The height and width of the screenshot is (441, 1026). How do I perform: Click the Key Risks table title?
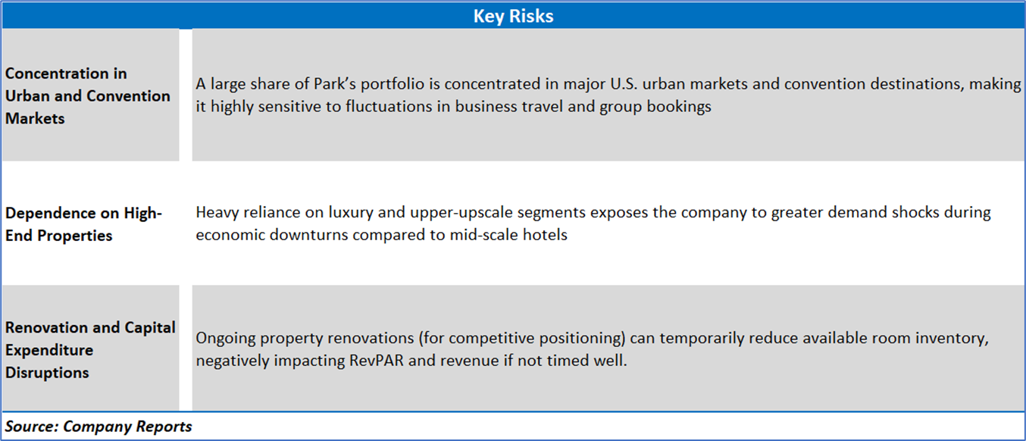pyautogui.click(x=513, y=16)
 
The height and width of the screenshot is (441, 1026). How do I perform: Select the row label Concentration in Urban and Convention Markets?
pyautogui.click(x=87, y=95)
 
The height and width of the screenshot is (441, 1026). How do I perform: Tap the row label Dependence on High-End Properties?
pyautogui.click(x=83, y=224)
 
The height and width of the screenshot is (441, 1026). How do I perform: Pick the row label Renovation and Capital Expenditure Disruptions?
pyautogui.click(x=90, y=350)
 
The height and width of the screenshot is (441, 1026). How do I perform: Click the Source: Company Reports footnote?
pyautogui.click(x=98, y=427)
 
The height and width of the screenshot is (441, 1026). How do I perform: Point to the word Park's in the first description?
pyautogui.click(x=334, y=84)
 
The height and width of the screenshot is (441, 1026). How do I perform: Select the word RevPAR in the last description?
pyautogui.click(x=377, y=361)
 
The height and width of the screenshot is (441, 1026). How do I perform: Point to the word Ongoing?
pyautogui.click(x=225, y=339)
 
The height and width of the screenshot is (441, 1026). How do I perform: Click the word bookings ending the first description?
pyautogui.click(x=679, y=107)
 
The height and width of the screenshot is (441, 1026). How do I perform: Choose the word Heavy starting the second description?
pyautogui.click(x=217, y=213)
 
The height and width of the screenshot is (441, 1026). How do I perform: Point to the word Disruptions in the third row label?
pyautogui.click(x=47, y=373)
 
